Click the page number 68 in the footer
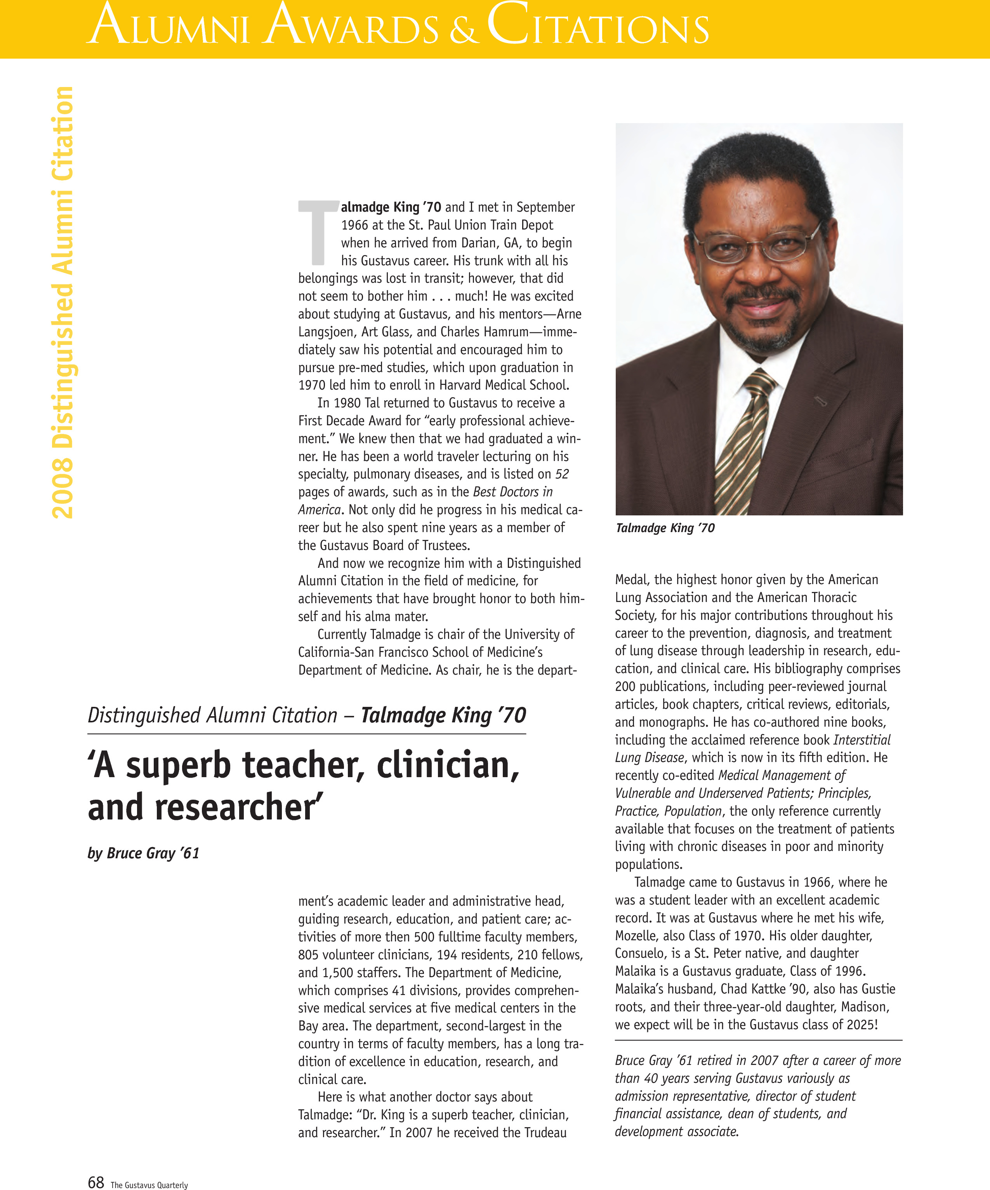[x=96, y=1182]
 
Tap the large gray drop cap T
[x=318, y=232]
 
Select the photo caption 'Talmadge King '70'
[x=665, y=528]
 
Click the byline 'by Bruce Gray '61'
[x=143, y=853]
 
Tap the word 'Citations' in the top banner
[x=597, y=26]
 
